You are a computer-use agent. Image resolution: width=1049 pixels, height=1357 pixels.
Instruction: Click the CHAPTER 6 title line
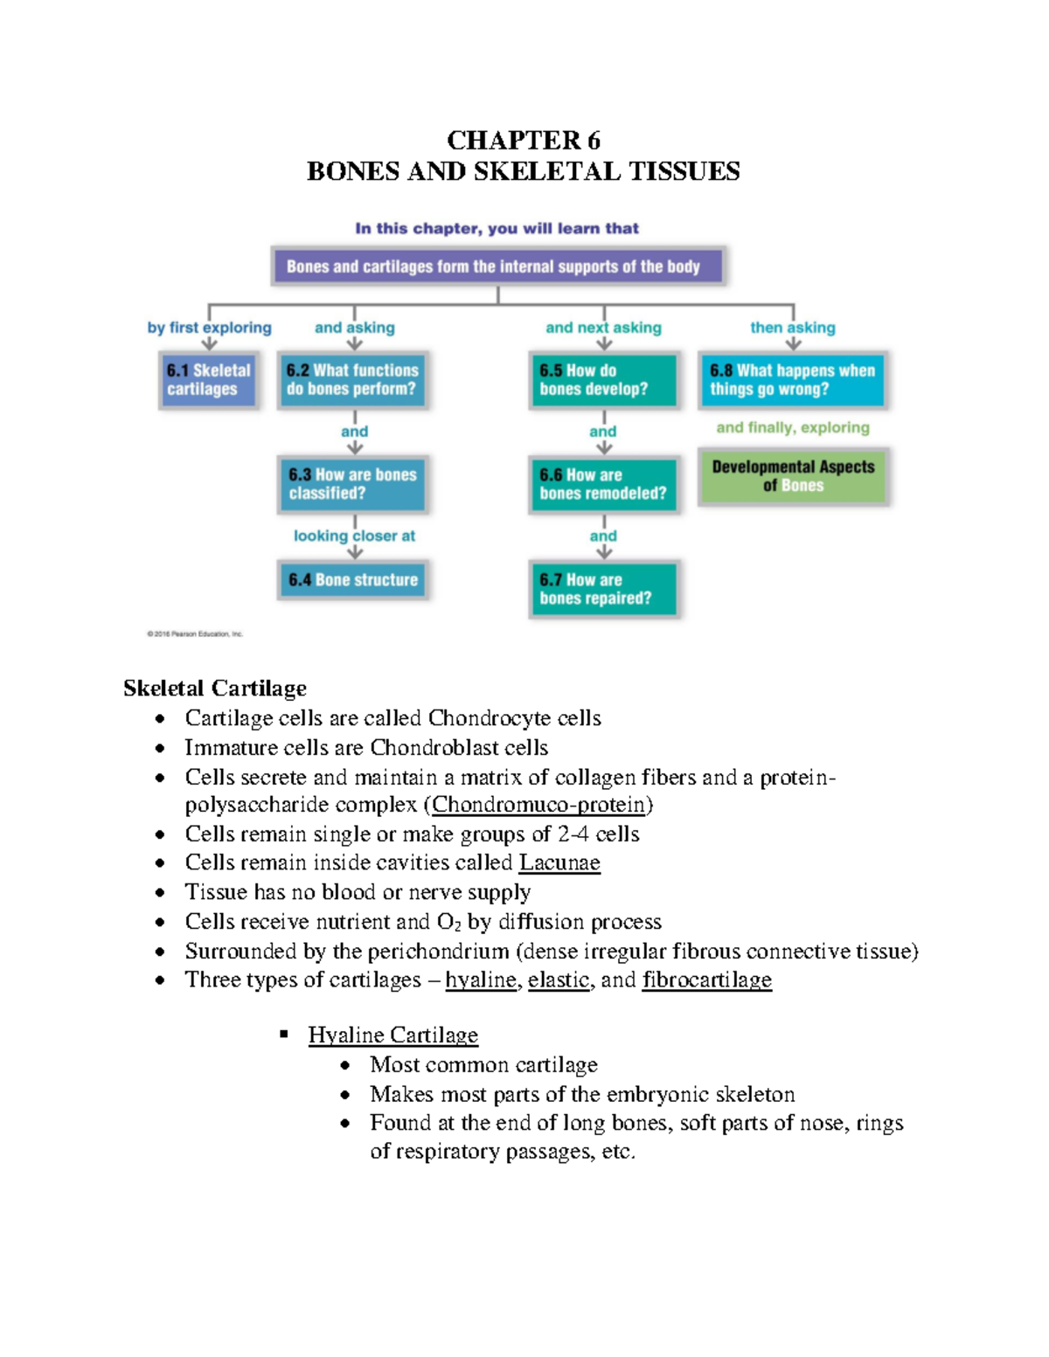[523, 141]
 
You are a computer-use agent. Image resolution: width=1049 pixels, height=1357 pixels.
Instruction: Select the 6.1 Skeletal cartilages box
[209, 380]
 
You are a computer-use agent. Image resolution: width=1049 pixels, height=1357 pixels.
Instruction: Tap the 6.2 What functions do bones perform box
[352, 380]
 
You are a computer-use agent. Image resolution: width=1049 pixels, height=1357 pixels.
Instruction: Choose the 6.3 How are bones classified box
[352, 484]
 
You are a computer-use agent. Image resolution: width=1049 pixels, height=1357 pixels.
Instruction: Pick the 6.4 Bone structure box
[353, 580]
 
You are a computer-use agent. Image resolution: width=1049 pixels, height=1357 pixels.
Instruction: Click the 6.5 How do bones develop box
[603, 380]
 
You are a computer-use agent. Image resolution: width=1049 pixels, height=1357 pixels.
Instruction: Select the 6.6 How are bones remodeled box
[603, 484]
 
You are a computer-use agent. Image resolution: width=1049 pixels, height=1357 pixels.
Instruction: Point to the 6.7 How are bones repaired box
[603, 589]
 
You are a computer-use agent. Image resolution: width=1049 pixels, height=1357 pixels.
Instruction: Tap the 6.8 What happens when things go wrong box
[792, 380]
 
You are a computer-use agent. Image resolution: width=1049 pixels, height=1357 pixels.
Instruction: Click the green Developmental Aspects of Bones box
[793, 476]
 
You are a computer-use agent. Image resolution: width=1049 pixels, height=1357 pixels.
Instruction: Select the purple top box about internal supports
[497, 267]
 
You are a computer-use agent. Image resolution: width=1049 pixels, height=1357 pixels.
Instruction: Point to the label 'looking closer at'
[354, 536]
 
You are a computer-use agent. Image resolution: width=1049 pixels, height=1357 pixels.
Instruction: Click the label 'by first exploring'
[209, 328]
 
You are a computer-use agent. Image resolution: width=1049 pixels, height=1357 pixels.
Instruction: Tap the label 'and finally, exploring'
[793, 427]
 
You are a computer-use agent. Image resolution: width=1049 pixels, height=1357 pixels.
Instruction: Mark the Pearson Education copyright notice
[194, 634]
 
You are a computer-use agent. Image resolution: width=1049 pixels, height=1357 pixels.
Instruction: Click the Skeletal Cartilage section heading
[215, 689]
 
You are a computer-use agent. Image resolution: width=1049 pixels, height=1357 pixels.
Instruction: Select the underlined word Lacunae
[559, 862]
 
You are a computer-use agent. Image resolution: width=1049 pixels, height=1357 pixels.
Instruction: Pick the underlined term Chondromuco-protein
[538, 804]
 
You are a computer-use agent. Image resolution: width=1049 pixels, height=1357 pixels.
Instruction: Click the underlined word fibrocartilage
[706, 980]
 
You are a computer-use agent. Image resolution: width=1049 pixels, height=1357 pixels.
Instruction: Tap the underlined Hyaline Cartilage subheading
[393, 1035]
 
